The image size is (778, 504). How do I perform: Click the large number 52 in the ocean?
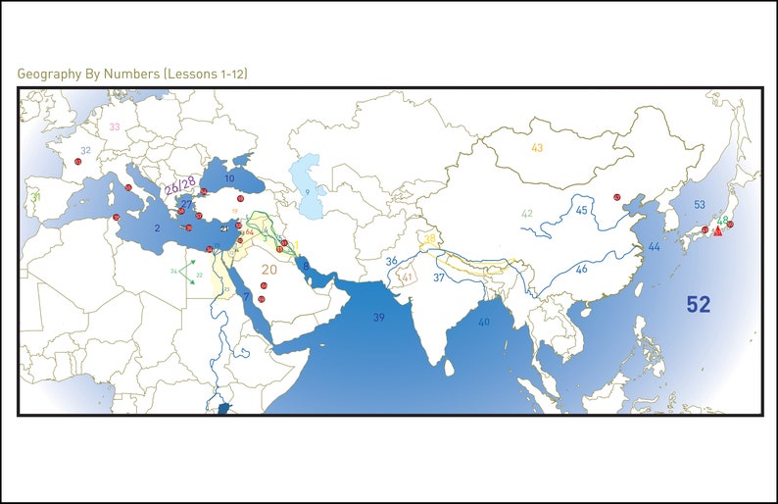point(698,305)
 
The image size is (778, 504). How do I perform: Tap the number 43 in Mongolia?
point(537,148)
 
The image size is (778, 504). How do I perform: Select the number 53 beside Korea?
point(699,205)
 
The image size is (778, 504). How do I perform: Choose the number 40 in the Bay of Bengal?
point(483,322)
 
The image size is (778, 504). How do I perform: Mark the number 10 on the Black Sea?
point(229,179)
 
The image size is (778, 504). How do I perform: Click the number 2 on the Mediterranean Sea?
point(157,227)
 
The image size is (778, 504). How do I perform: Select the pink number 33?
point(115,126)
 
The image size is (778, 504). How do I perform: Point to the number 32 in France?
point(85,151)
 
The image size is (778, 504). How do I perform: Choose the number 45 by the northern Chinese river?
point(581,211)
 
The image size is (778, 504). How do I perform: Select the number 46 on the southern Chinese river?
point(581,269)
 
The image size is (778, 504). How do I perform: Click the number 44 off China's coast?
point(654,247)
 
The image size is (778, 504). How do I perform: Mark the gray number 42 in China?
point(527,214)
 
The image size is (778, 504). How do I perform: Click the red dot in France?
point(77,162)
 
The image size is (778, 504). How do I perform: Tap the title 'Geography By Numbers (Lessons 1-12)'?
point(138,74)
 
